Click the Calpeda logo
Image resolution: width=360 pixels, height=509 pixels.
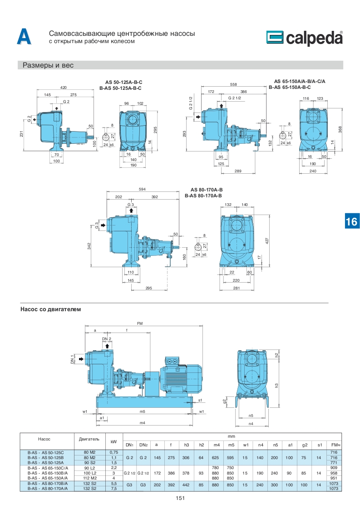click(x=305, y=38)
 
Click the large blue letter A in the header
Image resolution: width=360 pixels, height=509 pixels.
click(x=24, y=37)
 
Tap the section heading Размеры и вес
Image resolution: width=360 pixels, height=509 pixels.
click(x=48, y=65)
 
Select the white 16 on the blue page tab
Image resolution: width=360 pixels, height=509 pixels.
click(x=351, y=222)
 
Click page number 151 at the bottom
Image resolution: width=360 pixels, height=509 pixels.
click(x=180, y=498)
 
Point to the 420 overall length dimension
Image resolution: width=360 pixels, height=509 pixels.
click(x=64, y=88)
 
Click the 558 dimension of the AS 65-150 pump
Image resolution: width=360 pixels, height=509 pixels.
click(x=233, y=84)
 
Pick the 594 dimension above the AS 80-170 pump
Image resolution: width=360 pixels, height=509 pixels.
click(x=142, y=189)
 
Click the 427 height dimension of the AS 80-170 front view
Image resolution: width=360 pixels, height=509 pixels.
click(x=267, y=240)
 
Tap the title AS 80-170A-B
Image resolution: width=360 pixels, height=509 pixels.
click(x=207, y=190)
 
